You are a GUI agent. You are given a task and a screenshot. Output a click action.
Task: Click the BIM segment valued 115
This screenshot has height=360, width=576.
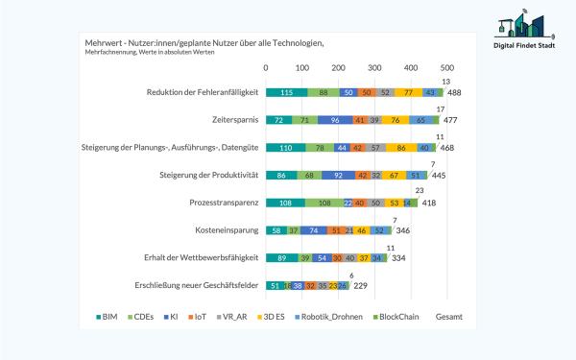pyautogui.click(x=286, y=92)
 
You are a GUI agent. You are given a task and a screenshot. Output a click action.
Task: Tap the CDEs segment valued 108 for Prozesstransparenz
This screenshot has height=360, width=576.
pyautogui.click(x=324, y=204)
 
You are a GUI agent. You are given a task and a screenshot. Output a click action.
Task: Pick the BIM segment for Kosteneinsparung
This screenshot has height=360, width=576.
pyautogui.click(x=276, y=231)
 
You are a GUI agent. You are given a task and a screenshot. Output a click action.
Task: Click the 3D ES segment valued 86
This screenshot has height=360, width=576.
pyautogui.click(x=398, y=148)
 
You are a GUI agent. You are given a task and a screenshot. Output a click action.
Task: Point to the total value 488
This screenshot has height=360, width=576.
pyautogui.click(x=455, y=92)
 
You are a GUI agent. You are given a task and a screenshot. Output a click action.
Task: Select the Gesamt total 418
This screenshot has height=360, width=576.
pyautogui.click(x=429, y=204)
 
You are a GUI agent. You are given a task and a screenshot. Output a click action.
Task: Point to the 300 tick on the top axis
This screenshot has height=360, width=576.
pyautogui.click(x=374, y=67)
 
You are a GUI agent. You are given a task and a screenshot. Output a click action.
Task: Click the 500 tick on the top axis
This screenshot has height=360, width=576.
pyautogui.click(x=446, y=67)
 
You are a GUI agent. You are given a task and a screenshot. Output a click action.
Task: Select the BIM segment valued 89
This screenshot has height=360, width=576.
pyautogui.click(x=281, y=259)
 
